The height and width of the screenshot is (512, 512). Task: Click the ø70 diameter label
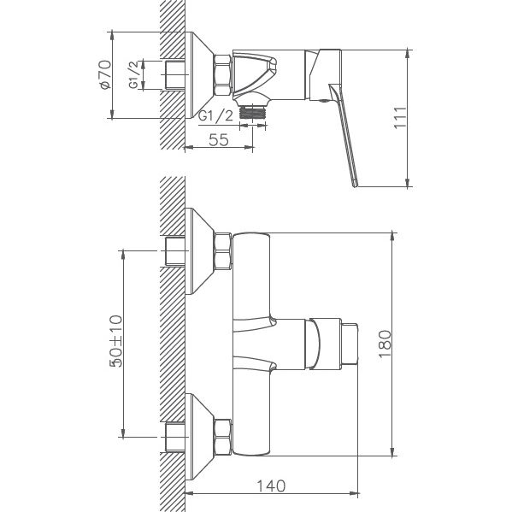pos(105,76)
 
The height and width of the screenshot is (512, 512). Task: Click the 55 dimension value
pos(219,141)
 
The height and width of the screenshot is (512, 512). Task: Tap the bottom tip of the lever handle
pos(353,182)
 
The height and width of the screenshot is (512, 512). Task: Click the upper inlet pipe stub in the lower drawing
pos(174,253)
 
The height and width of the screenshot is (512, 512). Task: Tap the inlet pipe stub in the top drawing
pos(174,76)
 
